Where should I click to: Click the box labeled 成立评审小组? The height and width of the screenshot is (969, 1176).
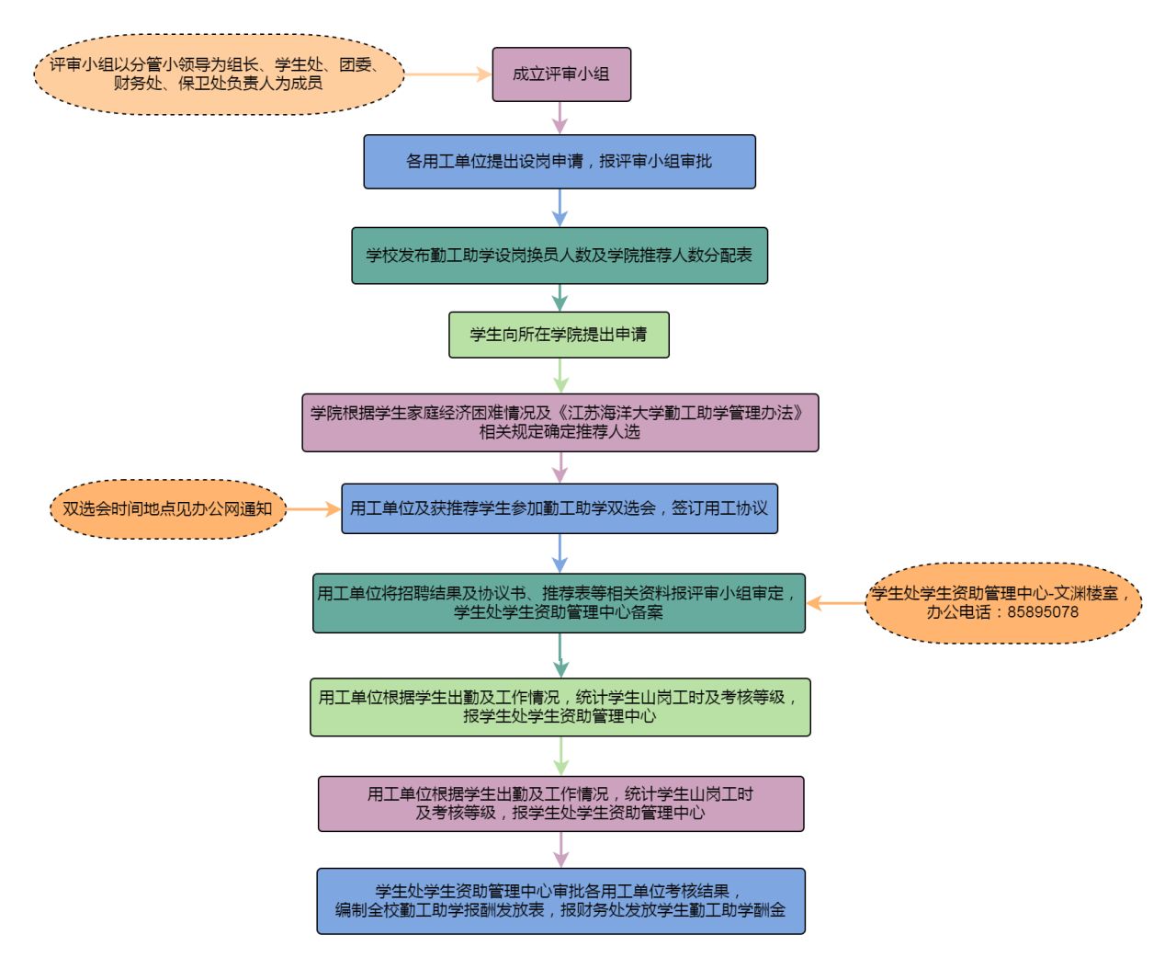561,74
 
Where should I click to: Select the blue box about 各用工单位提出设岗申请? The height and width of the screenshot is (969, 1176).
559,162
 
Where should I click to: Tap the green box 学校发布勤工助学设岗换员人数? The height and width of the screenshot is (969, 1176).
559,256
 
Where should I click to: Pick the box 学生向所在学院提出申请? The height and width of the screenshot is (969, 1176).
559,335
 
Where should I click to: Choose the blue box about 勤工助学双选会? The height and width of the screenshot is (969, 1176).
559,508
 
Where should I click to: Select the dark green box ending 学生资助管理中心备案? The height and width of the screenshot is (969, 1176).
559,603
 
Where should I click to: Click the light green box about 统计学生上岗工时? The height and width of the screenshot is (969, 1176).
560,707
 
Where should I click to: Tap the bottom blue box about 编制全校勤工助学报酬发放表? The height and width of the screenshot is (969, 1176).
560,901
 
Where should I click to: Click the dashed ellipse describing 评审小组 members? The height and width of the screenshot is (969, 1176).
219,74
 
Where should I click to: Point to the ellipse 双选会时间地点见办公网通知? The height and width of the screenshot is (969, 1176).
167,508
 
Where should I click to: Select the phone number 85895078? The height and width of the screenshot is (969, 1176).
1043,612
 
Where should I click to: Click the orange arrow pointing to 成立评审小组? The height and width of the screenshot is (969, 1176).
447,74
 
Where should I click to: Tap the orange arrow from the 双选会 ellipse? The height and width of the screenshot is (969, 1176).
312,508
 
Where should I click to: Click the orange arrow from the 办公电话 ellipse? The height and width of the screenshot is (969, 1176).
836,603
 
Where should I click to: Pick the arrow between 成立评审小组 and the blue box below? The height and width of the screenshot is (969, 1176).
560,118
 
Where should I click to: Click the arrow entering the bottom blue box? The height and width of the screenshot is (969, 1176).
560,849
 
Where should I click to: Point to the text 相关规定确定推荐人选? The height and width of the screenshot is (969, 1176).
560,432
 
